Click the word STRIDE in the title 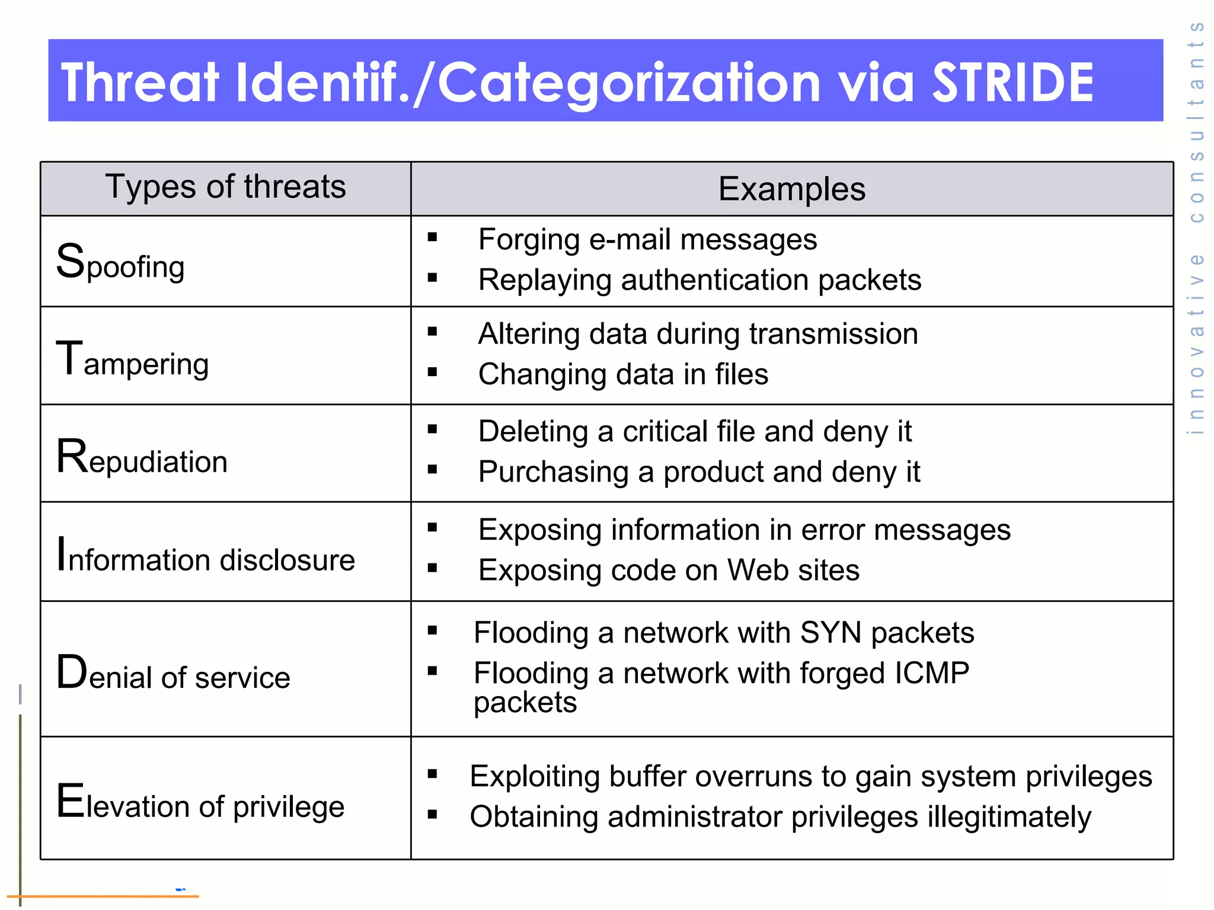(x=1012, y=82)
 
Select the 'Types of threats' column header (x=225, y=187)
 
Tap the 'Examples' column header (x=791, y=190)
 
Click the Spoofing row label (x=120, y=263)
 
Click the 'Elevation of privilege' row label (x=200, y=803)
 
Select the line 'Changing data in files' (x=623, y=374)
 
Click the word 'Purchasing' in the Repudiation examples (x=553, y=473)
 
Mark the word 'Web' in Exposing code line (x=758, y=571)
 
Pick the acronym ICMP (x=932, y=673)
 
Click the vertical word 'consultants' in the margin (x=1197, y=122)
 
